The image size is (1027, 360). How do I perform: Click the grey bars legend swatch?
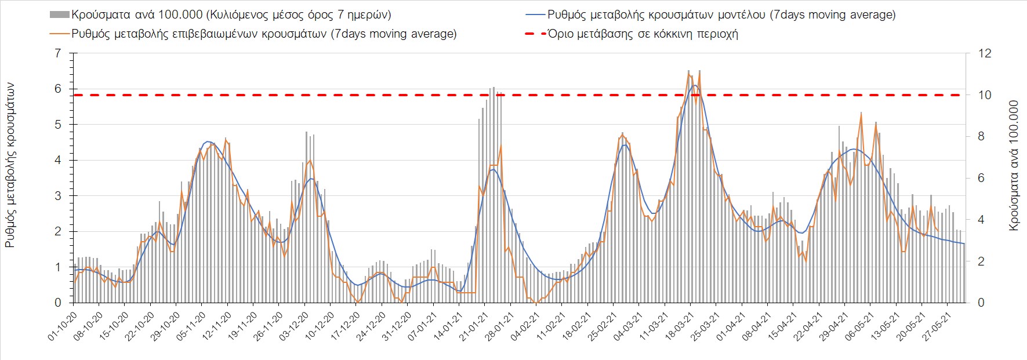60,15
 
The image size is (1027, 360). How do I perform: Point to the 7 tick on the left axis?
57,53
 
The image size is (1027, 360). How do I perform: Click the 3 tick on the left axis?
57,196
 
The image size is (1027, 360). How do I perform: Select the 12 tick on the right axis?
985,53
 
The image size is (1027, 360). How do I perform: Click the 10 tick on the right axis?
985,95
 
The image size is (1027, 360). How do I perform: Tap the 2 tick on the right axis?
981,261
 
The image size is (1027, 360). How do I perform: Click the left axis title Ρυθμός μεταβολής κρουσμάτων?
10,165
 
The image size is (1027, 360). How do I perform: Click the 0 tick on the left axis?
57,303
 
